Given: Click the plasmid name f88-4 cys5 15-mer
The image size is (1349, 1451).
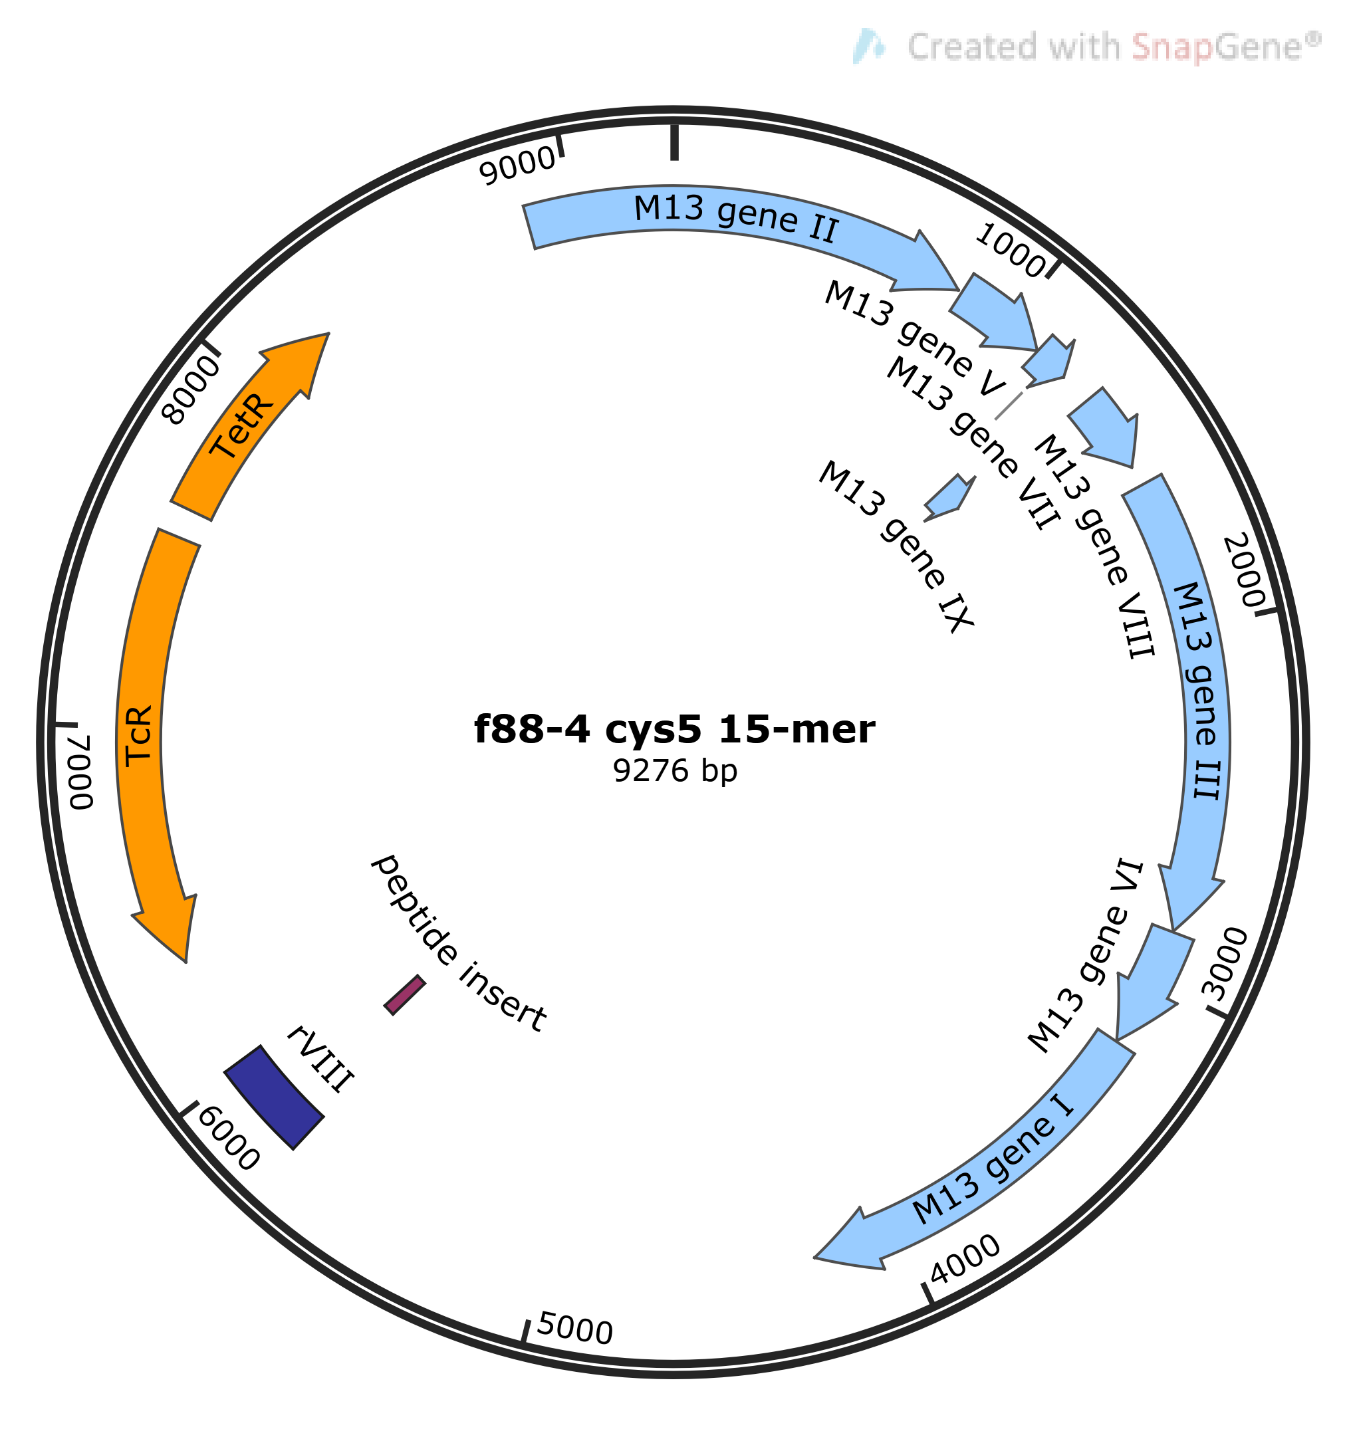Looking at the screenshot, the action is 674,729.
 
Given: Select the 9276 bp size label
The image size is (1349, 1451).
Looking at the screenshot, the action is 674,772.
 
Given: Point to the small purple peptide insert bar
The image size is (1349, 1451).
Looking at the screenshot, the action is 404,995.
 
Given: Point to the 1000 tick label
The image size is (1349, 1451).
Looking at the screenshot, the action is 1012,250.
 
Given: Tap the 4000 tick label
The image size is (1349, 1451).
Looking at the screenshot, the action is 965,1260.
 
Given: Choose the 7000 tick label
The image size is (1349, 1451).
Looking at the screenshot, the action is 82,772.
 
